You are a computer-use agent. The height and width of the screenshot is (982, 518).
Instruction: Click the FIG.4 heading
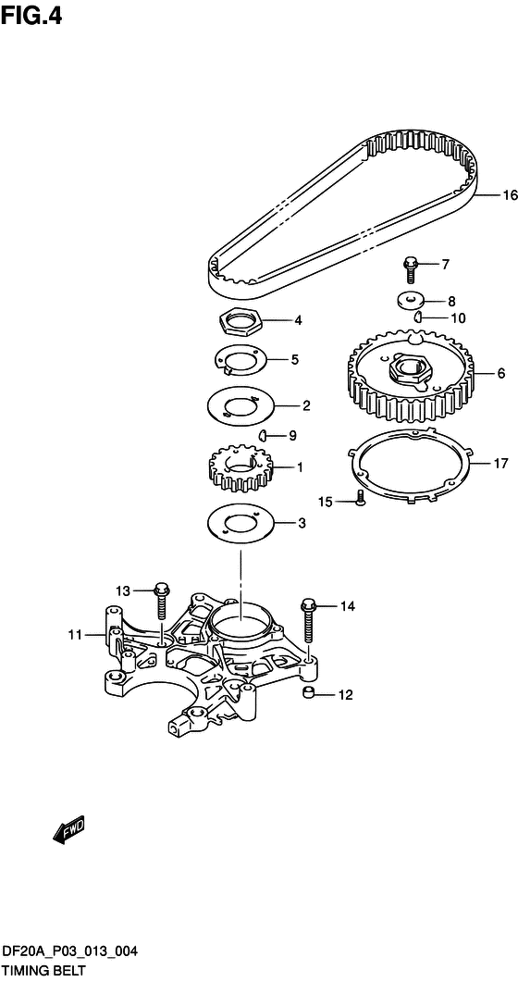[x=31, y=15]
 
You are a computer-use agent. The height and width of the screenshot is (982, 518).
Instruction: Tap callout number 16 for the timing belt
[x=511, y=195]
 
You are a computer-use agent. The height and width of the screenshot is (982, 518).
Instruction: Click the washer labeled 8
[x=411, y=300]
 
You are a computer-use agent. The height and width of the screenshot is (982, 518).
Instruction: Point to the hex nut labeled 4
[x=241, y=322]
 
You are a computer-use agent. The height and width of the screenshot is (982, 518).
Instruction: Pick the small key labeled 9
[x=265, y=435]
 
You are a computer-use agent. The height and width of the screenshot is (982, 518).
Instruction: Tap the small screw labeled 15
[x=361, y=499]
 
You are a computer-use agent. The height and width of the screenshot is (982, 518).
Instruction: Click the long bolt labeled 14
[x=308, y=622]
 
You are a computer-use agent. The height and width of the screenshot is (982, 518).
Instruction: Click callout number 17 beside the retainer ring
[x=500, y=464]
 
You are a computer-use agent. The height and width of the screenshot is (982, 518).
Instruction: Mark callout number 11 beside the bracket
[x=75, y=636]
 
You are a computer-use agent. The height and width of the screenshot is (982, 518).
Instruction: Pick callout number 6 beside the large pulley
[x=501, y=373]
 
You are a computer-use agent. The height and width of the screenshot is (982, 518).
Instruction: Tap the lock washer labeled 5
[x=240, y=360]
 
